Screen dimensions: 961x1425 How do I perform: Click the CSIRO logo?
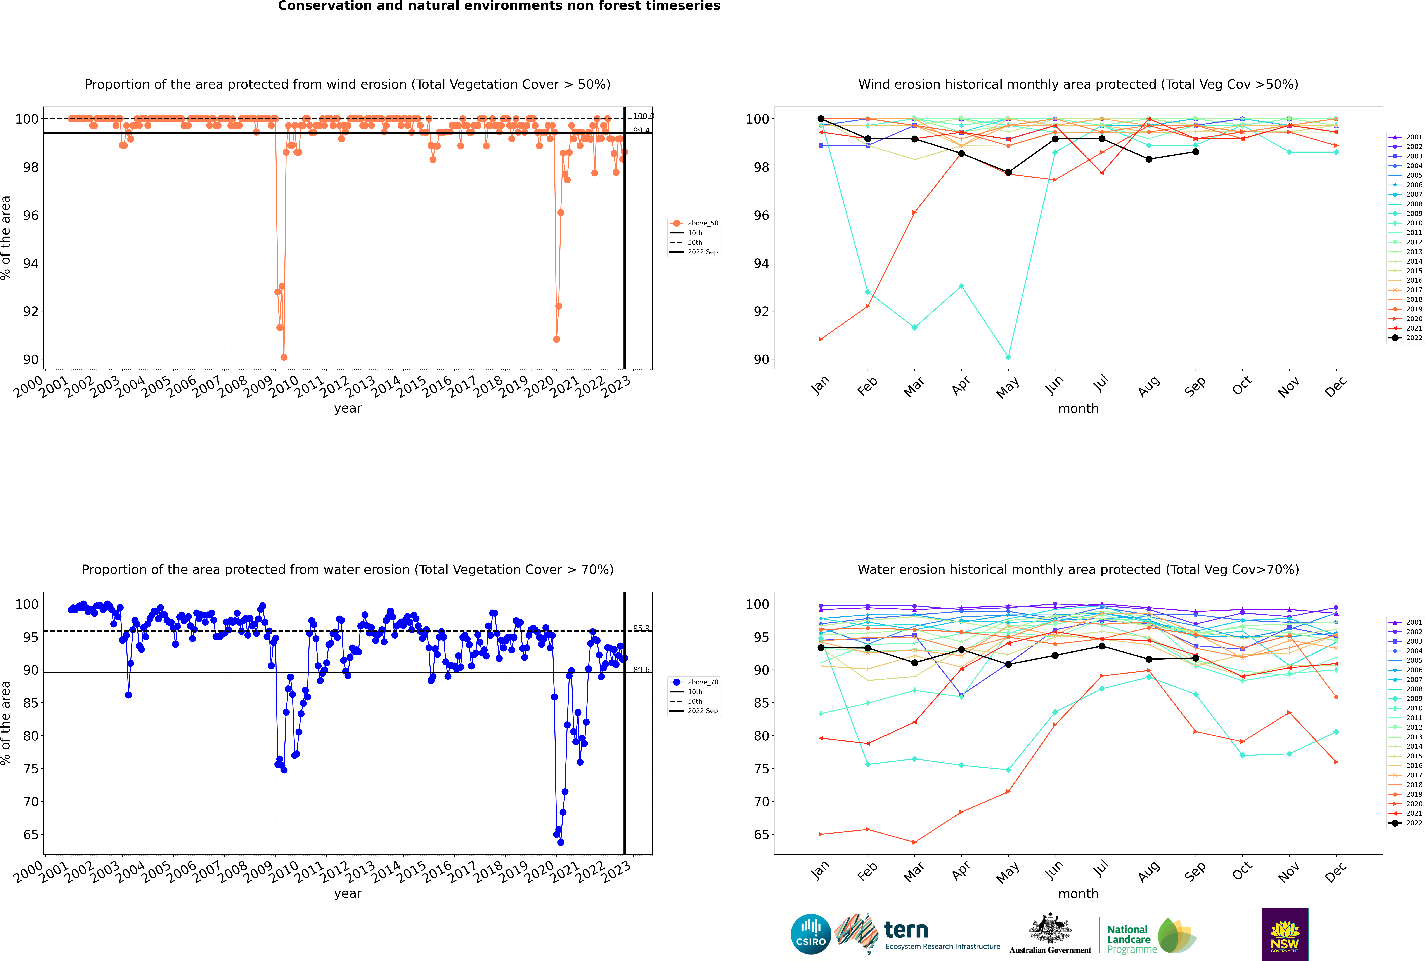pos(810,934)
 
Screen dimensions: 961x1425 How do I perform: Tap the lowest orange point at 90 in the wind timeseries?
pos(284,357)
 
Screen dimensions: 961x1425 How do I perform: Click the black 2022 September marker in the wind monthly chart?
pos(1195,152)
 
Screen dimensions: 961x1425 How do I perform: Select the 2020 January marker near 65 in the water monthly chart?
pos(821,834)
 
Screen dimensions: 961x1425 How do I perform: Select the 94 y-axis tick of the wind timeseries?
pos(31,264)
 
